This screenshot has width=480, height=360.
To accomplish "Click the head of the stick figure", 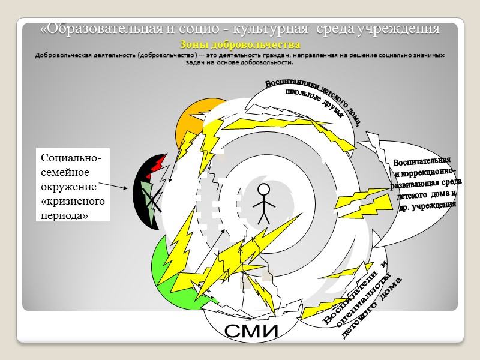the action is click(263, 190).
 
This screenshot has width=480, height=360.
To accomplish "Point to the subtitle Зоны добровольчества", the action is click(239, 45).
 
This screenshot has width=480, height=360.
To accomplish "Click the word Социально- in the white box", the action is click(71, 158).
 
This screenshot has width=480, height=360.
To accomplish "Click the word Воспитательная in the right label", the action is click(422, 162).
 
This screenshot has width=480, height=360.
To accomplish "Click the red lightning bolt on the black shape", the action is click(158, 165).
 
